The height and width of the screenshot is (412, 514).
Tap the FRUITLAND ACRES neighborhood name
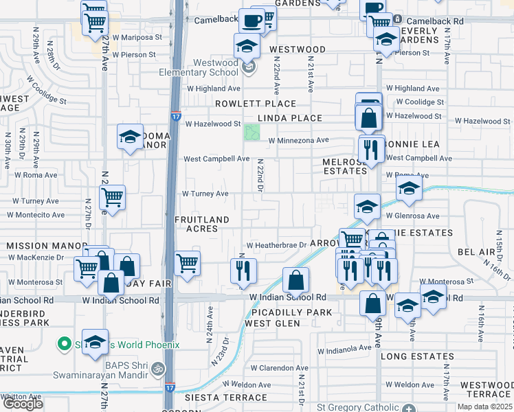point(201,224)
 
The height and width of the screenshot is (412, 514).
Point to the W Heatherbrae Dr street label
point(276,245)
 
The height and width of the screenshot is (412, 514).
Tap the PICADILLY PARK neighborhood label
point(292,312)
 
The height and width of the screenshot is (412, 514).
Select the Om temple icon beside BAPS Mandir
point(157,369)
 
